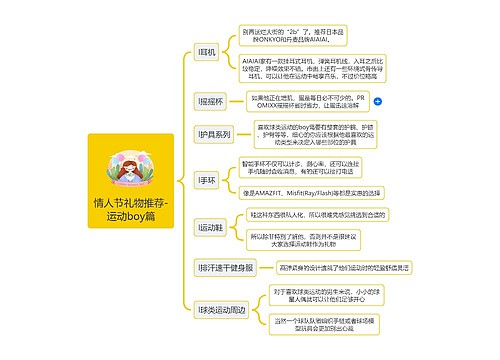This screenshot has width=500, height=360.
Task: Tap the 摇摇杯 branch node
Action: point(211,102)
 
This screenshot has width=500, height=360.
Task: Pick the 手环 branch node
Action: point(208,179)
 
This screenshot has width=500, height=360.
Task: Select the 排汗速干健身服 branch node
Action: point(227,267)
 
